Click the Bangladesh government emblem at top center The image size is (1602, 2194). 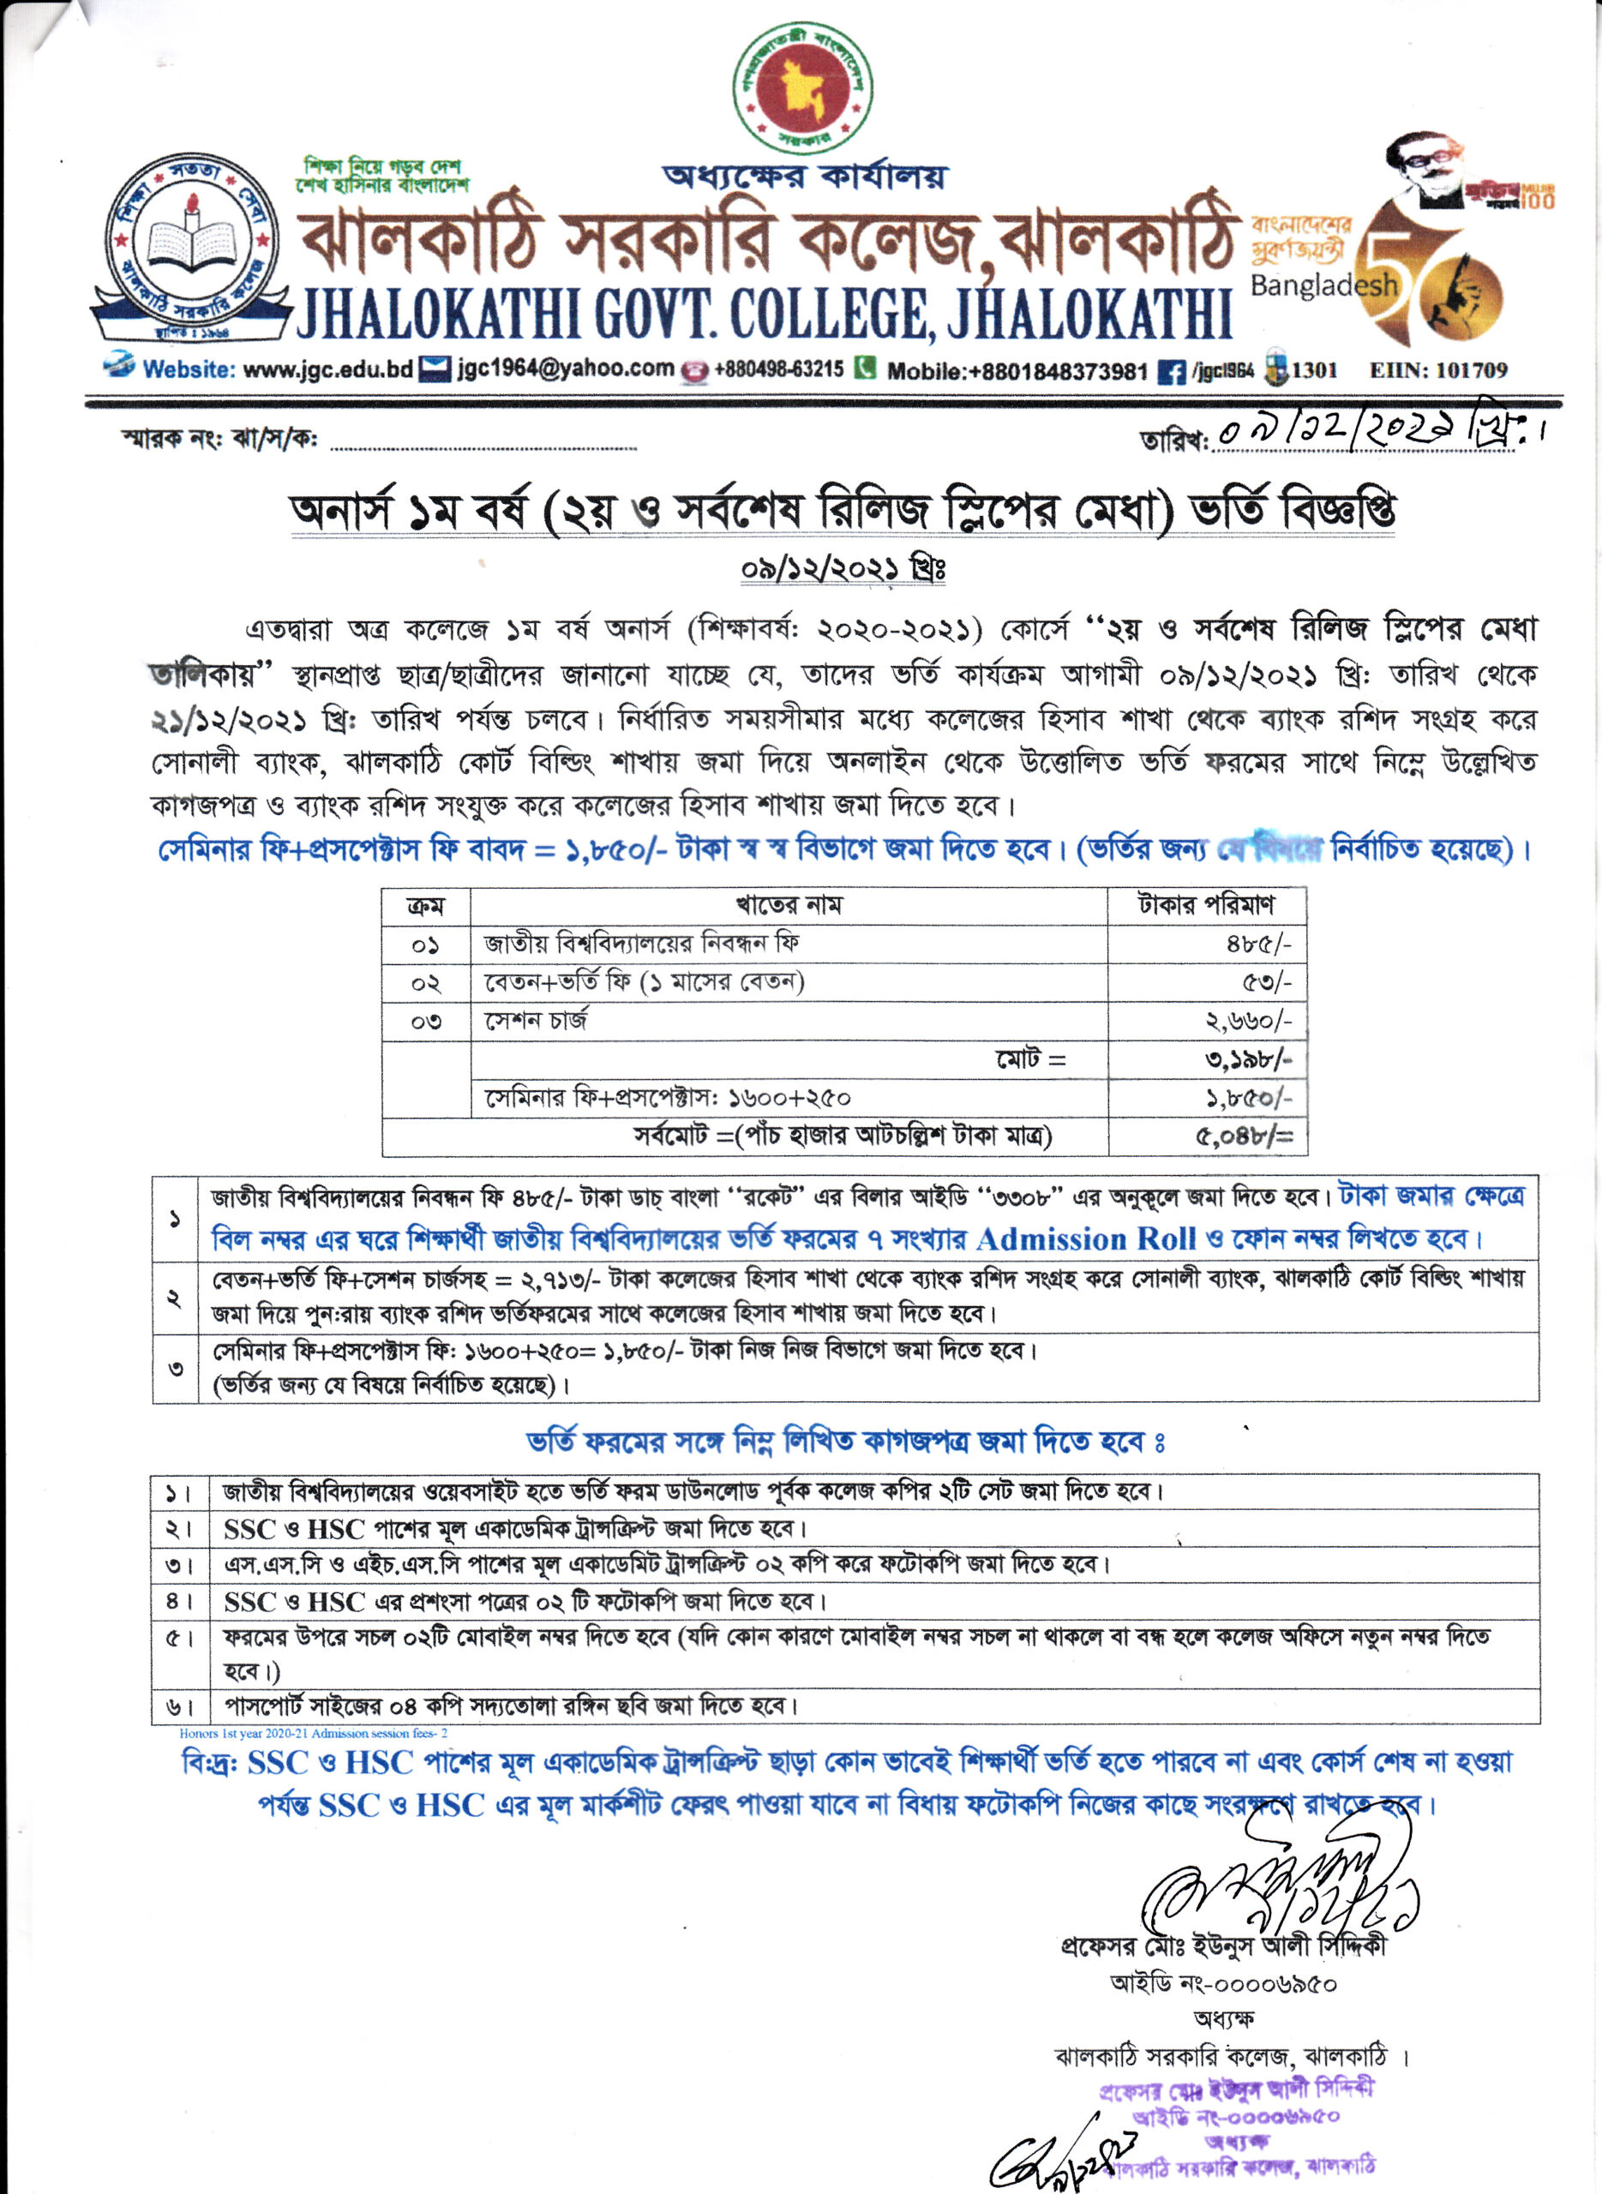(x=803, y=89)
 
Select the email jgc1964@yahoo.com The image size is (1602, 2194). (x=566, y=369)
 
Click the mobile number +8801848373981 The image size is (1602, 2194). (x=1017, y=370)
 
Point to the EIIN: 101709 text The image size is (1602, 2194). (x=1438, y=369)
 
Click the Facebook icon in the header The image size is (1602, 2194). (x=1172, y=371)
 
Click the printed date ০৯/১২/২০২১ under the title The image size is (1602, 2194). (x=842, y=568)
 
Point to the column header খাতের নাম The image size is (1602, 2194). (x=789, y=906)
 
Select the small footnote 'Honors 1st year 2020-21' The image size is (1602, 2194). (x=312, y=1733)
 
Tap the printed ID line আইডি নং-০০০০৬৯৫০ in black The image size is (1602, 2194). (x=1224, y=1984)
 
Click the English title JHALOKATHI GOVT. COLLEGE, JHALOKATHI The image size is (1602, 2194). (x=765, y=313)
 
